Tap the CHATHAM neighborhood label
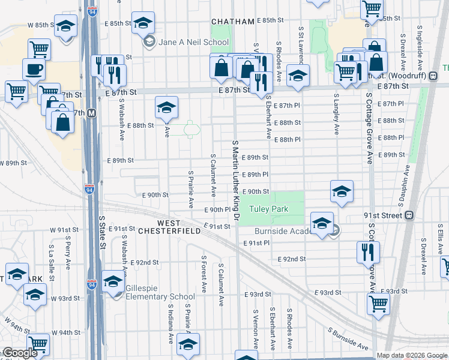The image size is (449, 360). [233, 22]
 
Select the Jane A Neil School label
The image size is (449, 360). [186, 42]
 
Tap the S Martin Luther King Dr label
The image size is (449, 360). [236, 180]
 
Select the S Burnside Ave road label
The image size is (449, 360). [348, 339]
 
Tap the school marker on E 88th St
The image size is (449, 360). [166, 107]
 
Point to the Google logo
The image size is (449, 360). [19, 353]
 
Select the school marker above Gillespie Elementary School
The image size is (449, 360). [113, 280]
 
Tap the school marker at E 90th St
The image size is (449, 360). [342, 191]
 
